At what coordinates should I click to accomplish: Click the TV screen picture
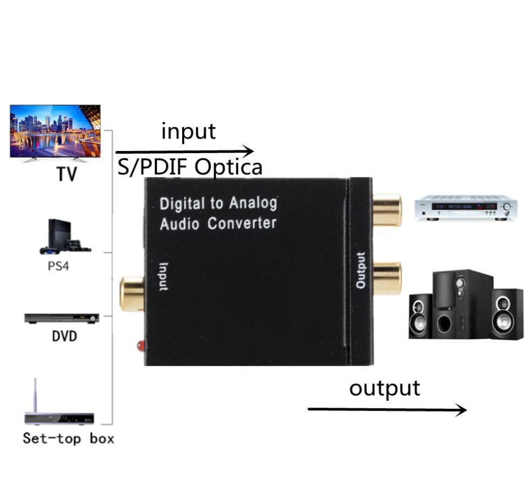55,130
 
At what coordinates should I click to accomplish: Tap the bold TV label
66,174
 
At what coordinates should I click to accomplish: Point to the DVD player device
61,318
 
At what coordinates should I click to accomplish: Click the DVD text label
65,336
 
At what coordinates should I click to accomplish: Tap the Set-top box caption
68,438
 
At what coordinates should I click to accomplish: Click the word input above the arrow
188,131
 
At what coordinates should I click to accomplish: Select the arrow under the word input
184,151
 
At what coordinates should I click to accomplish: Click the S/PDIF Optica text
190,167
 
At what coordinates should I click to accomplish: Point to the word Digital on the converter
183,205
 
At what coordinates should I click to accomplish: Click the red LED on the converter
140,345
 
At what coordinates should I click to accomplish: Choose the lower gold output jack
386,277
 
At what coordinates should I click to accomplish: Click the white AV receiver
464,207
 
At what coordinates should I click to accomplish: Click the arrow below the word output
387,409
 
